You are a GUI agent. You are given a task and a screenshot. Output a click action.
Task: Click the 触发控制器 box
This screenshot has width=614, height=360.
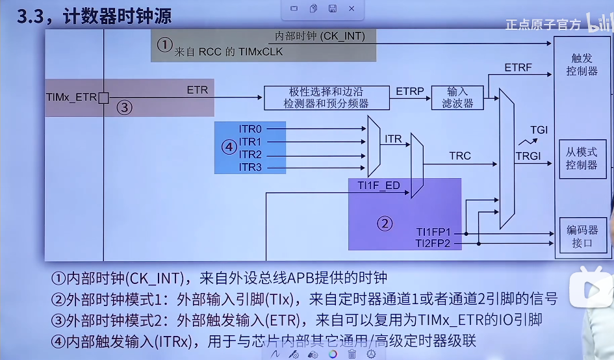(582, 65)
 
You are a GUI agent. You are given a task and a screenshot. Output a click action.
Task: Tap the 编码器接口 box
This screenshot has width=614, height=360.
(582, 237)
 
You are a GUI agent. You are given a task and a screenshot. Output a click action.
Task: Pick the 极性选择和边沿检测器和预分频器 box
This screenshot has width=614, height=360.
(326, 97)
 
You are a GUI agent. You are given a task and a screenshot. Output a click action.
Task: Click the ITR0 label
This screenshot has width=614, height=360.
(250, 129)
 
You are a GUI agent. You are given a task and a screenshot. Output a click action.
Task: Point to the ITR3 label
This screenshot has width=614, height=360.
(250, 167)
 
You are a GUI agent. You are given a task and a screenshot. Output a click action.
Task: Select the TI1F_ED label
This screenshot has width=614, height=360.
(379, 186)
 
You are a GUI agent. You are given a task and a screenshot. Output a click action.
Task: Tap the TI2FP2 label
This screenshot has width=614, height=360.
(437, 244)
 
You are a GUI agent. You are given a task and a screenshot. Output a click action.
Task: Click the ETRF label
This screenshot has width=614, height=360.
(518, 68)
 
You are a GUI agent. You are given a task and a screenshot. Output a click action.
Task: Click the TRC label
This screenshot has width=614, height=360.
(460, 156)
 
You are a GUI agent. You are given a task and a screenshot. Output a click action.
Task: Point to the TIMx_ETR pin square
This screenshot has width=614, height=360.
(103, 97)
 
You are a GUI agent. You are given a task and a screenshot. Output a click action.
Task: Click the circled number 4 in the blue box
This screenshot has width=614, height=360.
(228, 147)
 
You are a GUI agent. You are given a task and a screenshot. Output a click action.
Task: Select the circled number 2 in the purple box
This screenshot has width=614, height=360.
(385, 224)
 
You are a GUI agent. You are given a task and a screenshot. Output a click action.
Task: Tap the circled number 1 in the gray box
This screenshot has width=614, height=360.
(165, 44)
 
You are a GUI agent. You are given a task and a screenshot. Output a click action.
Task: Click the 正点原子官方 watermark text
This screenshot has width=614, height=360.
(543, 24)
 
